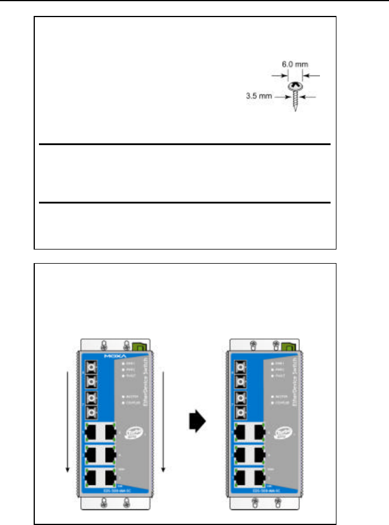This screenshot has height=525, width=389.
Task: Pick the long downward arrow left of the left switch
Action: tap(68, 421)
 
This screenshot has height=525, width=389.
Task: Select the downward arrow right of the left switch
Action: tap(162, 421)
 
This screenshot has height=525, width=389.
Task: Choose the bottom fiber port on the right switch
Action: tap(242, 411)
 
